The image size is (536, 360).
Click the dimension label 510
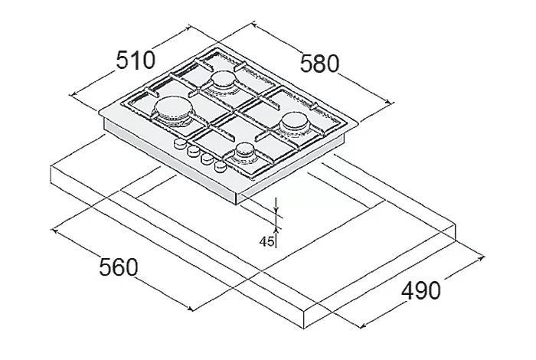tap(136, 61)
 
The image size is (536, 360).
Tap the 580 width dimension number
tap(319, 64)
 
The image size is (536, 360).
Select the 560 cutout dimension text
tap(119, 267)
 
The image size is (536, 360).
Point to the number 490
tap(421, 290)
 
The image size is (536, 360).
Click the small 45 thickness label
tap(266, 242)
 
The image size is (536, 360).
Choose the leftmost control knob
tap(179, 144)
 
